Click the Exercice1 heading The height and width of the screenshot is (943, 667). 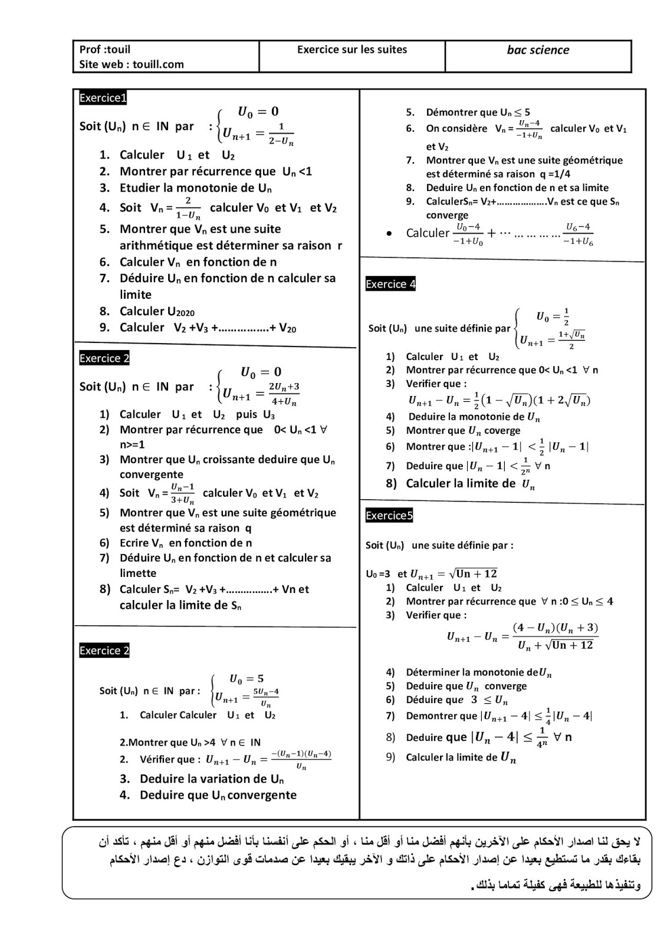tap(103, 98)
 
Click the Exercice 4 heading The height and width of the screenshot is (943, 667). tap(390, 284)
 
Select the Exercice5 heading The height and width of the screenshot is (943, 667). tap(389, 516)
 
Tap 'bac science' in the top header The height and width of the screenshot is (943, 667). tap(538, 50)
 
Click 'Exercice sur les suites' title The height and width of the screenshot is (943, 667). tap(352, 50)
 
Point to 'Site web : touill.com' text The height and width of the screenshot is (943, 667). tap(132, 64)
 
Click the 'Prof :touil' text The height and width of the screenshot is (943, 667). tap(105, 50)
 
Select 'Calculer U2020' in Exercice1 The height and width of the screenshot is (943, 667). tap(157, 311)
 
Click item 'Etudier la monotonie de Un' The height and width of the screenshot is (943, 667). tap(195, 188)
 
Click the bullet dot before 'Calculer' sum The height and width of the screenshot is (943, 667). tap(389, 234)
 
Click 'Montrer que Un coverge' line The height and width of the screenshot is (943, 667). tap(463, 431)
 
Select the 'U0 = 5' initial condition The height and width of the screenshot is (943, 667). tap(247, 678)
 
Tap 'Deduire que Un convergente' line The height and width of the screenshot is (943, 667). tap(218, 795)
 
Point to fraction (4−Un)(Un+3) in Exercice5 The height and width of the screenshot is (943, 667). tap(554, 627)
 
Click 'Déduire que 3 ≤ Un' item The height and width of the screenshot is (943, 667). tap(456, 700)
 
